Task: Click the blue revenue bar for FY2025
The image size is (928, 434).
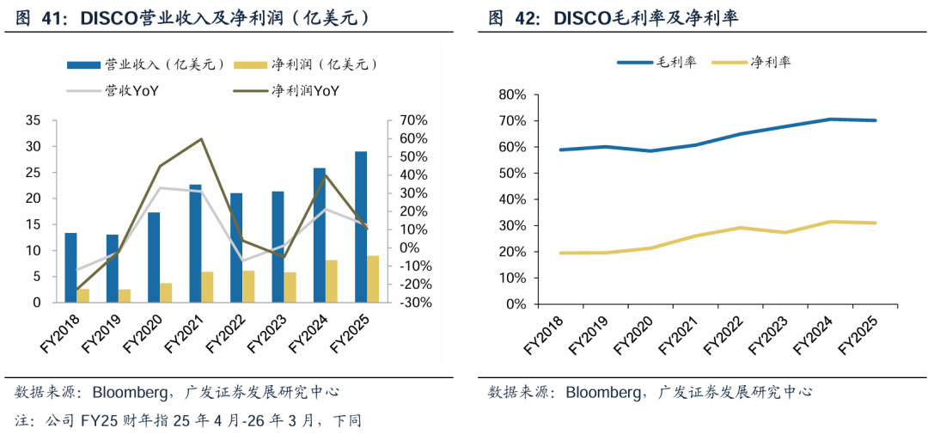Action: point(360,227)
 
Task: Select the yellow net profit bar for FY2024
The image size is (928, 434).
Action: point(331,281)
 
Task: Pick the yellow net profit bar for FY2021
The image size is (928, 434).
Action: point(207,287)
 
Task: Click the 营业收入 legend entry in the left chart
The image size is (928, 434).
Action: point(145,64)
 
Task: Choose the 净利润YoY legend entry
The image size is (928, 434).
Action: point(290,91)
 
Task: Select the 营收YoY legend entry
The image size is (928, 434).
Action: point(112,91)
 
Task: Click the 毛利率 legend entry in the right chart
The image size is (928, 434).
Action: point(657,62)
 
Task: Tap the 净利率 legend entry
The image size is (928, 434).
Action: point(751,62)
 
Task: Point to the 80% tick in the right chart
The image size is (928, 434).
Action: point(512,95)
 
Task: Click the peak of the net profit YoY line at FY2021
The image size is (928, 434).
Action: point(202,139)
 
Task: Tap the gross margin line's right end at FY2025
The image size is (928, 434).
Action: point(876,120)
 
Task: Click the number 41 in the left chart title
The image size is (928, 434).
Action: point(52,19)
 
